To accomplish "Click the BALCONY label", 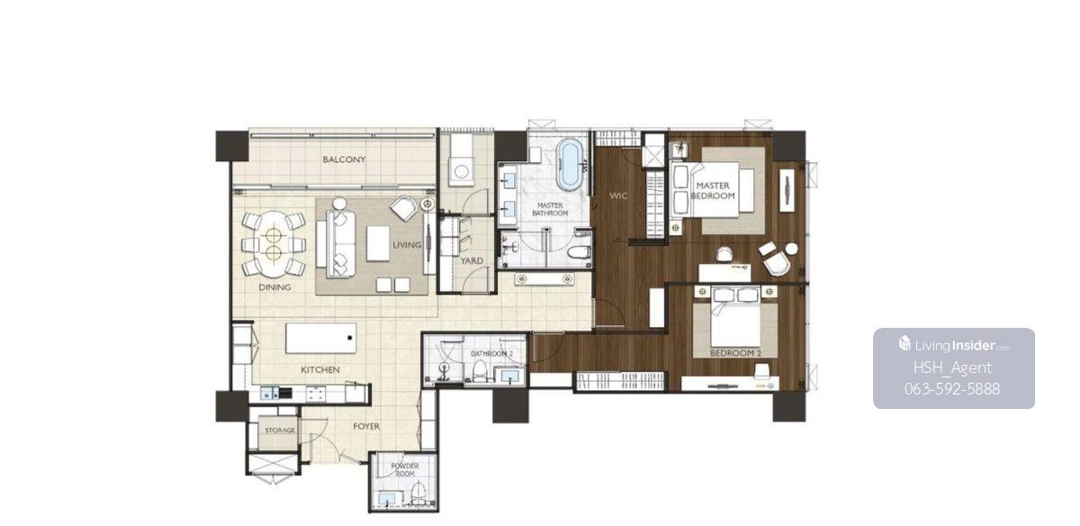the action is (x=344, y=159).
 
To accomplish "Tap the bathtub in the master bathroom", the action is (x=570, y=164).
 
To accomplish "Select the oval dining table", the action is (x=274, y=244).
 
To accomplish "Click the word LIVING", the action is (x=407, y=245).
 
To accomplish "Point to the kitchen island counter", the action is (x=320, y=339).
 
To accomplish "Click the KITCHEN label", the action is (x=320, y=369).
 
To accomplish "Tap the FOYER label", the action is (x=366, y=427).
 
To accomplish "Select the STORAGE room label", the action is (x=280, y=430).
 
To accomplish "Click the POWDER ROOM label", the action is (x=404, y=470).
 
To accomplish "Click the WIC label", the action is (x=618, y=195).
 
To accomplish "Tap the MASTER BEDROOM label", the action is (x=713, y=191).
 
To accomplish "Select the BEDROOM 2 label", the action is (x=735, y=353).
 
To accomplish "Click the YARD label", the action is (x=471, y=261).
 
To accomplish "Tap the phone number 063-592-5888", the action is (x=952, y=389).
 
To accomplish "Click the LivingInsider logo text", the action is (x=955, y=346).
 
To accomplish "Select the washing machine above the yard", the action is (x=461, y=171).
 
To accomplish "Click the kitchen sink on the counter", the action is (x=269, y=394).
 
